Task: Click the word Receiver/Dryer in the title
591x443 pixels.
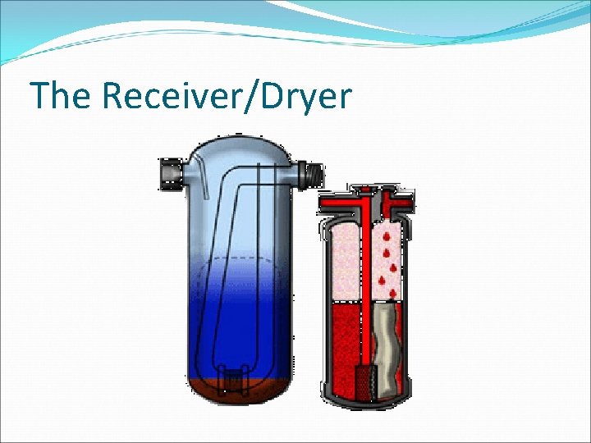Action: pyautogui.click(x=226, y=98)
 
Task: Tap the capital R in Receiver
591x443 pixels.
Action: pyautogui.click(x=116, y=96)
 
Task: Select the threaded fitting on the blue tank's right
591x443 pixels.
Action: pyautogui.click(x=314, y=174)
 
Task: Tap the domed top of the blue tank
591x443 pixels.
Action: pyautogui.click(x=238, y=148)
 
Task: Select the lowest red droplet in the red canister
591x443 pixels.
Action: pyautogui.click(x=392, y=293)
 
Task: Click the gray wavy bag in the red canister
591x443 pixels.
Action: pyautogui.click(x=386, y=345)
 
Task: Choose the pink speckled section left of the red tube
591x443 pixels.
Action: pyautogui.click(x=344, y=261)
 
